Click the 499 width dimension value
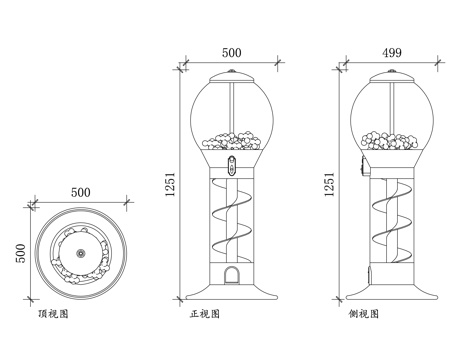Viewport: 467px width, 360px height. point(392,53)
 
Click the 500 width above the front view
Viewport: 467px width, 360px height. point(232,53)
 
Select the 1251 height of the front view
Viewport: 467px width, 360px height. point(170,184)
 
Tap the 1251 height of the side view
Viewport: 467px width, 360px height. point(329,184)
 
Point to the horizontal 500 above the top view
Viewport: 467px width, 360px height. point(81,192)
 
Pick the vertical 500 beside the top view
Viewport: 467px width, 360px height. point(21,253)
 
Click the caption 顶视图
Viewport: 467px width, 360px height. point(53,314)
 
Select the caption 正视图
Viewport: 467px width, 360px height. point(205,314)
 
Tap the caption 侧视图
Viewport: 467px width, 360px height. point(364,314)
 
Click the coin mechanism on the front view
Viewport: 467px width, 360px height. point(232,166)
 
